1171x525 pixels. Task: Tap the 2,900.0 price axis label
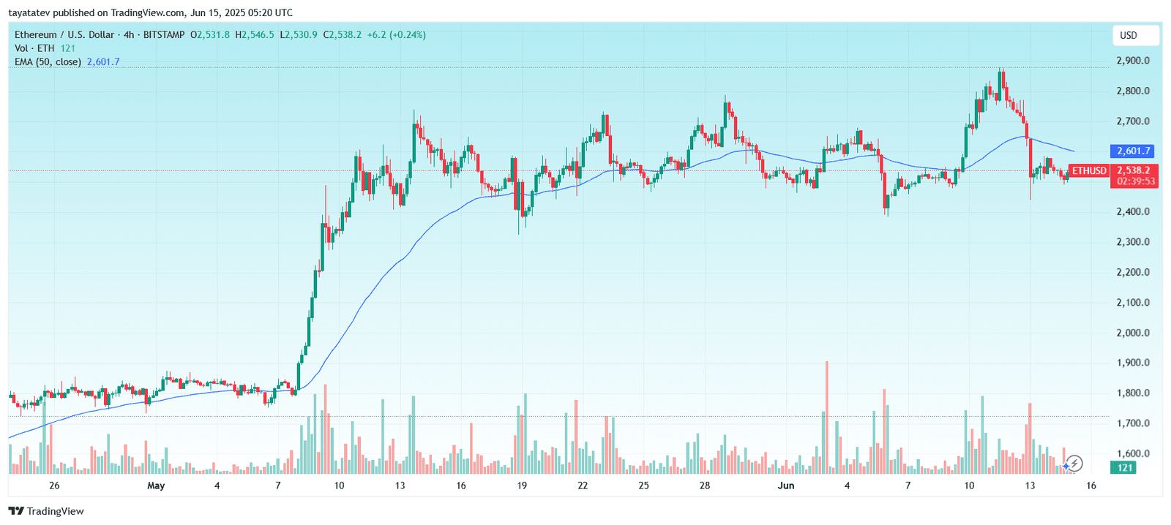pos(1133,61)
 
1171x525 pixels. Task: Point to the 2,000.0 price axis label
pos(1133,333)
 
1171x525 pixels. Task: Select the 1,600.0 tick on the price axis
pos(1133,453)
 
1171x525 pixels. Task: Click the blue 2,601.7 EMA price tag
pos(1134,151)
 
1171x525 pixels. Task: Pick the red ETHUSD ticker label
pos(1089,171)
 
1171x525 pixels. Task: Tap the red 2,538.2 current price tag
pos(1134,170)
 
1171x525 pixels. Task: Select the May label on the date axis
pos(156,486)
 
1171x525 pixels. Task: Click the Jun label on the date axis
pos(786,486)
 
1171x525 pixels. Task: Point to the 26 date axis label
pos(54,486)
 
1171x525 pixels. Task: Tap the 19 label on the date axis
pos(522,486)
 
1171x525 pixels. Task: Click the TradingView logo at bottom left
pos(46,511)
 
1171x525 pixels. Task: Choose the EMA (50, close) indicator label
pos(48,62)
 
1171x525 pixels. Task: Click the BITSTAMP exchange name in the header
pos(164,35)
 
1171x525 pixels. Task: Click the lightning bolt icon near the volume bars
pos(1074,463)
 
